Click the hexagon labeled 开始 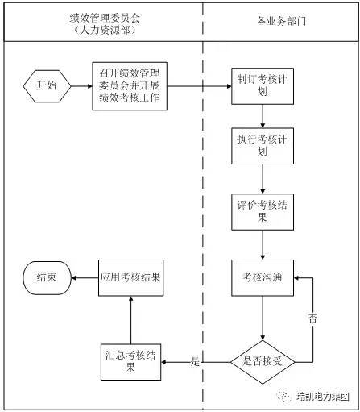47,86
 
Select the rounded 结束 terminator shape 47,278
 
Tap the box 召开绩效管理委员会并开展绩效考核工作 130,86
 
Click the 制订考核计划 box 263,86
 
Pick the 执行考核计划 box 263,146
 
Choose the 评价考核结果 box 263,212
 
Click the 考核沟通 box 263,278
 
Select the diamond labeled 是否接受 263,362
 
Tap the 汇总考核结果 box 130,362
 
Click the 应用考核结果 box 130,278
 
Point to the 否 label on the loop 312,318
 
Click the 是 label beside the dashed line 195,361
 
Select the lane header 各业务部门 281,21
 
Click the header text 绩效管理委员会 105,18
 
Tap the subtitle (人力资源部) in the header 105,30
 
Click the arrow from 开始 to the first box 81,86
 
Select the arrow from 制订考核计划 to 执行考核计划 263,116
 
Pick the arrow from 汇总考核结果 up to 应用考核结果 130,320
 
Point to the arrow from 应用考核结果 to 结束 85,278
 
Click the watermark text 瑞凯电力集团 323,397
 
